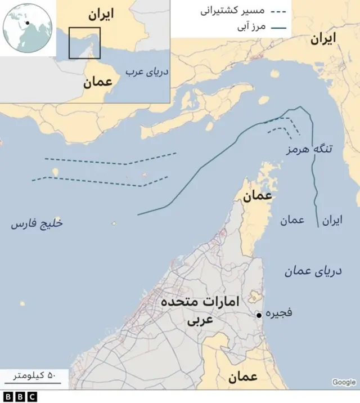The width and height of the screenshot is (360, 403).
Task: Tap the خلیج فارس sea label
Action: (x=37, y=223)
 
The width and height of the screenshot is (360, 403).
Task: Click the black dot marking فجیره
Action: (x=258, y=315)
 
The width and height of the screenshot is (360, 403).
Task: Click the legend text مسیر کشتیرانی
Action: (x=231, y=11)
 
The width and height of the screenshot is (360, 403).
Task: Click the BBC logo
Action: (x=19, y=397)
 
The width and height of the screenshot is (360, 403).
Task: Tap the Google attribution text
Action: (x=344, y=383)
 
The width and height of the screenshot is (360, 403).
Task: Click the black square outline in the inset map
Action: (x=84, y=43)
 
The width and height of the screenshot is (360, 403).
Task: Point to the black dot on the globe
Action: (x=26, y=23)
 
